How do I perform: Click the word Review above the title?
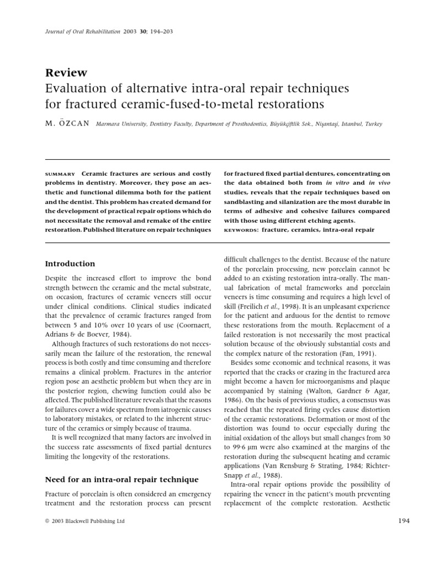[x=63, y=73]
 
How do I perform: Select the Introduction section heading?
[x=70, y=264]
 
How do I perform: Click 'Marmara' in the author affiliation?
[x=109, y=124]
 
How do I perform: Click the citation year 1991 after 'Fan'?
[x=364, y=353]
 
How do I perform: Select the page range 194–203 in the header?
[x=161, y=32]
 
